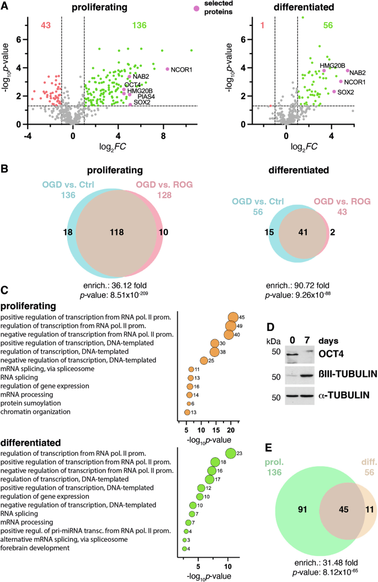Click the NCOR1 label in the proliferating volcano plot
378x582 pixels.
pyautogui.click(x=182, y=70)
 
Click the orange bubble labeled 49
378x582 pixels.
pyautogui.click(x=232, y=326)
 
